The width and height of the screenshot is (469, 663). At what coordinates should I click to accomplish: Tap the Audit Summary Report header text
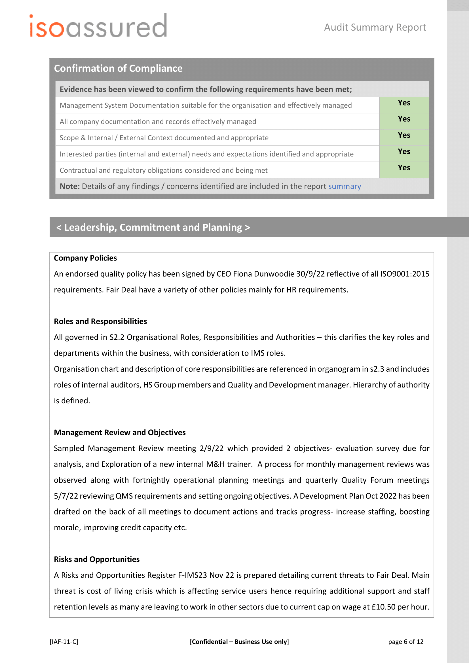tap(375, 27)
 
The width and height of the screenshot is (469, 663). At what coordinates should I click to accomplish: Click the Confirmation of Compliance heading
tap(118, 68)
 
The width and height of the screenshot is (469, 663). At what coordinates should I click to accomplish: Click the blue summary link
tap(345, 187)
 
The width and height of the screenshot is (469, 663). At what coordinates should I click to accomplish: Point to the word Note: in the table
tap(69, 187)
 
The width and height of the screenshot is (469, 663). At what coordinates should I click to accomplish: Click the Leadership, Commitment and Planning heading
tap(153, 228)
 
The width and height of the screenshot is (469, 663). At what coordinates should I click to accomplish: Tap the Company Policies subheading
tap(85, 258)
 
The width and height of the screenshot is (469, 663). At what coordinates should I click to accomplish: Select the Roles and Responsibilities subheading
tap(100, 321)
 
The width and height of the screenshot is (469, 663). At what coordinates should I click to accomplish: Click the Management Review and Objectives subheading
tap(120, 433)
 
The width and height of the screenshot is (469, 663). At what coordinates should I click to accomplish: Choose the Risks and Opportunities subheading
tap(96, 559)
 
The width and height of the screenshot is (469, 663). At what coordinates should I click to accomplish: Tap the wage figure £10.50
tap(383, 607)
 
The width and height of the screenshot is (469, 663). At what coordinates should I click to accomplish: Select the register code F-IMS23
tap(192, 575)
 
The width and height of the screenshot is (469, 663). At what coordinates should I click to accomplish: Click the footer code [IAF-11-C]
tap(64, 642)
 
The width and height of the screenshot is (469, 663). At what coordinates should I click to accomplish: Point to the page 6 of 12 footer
tap(405, 642)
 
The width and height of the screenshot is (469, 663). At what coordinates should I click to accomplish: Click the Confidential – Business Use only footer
tap(239, 642)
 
